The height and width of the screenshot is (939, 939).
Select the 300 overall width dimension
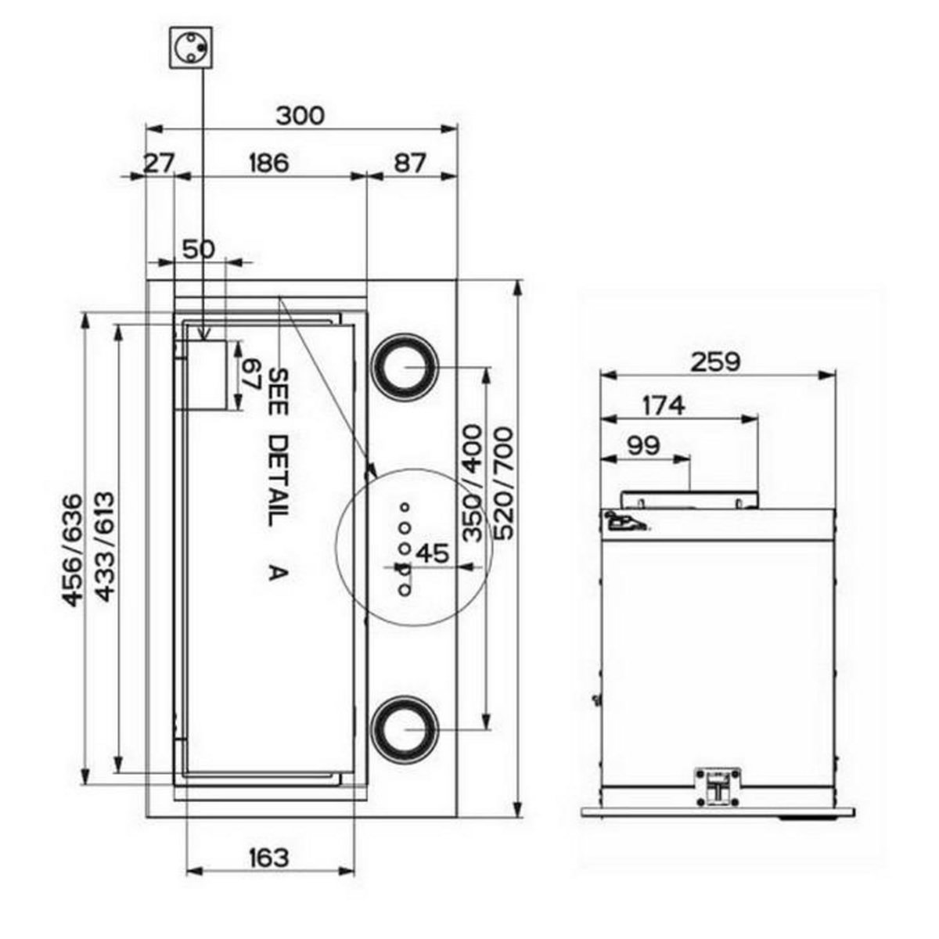point(300,115)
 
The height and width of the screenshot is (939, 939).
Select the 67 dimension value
point(252,376)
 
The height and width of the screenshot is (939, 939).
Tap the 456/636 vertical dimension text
point(72,550)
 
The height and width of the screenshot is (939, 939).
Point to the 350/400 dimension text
point(472,484)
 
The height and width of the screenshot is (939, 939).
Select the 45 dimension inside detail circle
point(432,553)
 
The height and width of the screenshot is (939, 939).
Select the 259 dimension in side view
point(715,362)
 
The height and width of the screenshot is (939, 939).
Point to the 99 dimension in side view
point(642,445)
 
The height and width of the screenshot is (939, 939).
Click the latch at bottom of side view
point(718,786)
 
